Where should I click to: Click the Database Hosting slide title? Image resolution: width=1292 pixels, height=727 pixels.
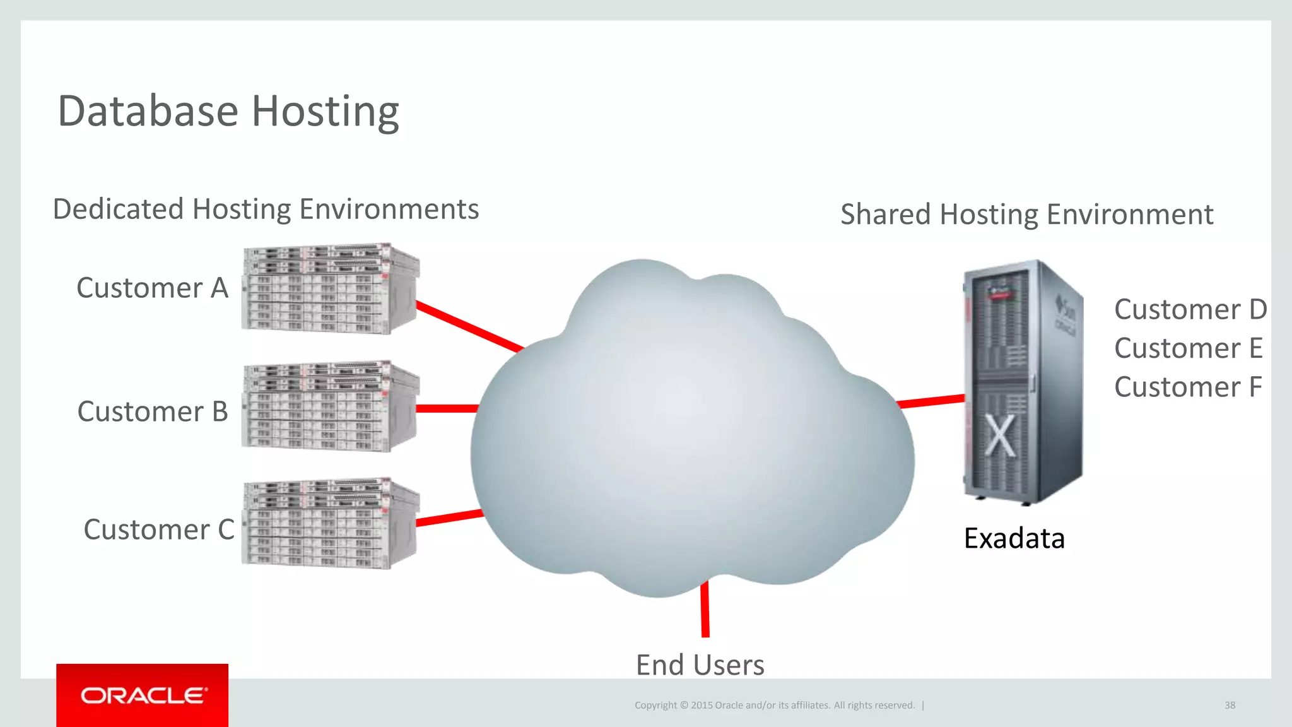tap(228, 111)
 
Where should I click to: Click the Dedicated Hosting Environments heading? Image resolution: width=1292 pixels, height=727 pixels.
tap(266, 209)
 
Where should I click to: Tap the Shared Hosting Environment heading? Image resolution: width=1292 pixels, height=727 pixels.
tap(1026, 215)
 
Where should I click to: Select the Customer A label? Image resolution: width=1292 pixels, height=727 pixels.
tap(152, 288)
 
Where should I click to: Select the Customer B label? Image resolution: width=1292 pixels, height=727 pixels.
tap(152, 411)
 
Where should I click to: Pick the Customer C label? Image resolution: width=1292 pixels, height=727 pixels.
tap(158, 529)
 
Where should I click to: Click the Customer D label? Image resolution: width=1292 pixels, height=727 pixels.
tap(1190, 310)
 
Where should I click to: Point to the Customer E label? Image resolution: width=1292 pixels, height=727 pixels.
tap(1188, 348)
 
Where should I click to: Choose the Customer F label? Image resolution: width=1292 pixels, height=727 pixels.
tap(1188, 387)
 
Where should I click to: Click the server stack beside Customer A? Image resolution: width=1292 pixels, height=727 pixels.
tap(329, 288)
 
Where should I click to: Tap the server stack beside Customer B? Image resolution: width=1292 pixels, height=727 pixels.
tap(329, 406)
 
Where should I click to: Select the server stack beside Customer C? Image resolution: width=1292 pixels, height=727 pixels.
tap(329, 524)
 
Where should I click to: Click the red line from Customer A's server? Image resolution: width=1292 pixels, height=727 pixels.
tap(470, 326)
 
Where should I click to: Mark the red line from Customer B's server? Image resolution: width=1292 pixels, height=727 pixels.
tap(447, 409)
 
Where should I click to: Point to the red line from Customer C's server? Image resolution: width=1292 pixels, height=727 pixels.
tap(449, 517)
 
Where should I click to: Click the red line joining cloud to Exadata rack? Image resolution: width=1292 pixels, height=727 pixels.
tap(931, 401)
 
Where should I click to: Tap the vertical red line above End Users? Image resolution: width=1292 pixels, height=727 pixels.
tap(705, 609)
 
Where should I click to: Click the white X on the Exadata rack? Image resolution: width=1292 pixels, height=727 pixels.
tap(1001, 435)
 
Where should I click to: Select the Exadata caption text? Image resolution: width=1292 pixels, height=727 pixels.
tap(1014, 538)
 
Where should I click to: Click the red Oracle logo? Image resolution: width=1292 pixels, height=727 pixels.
tap(143, 695)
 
